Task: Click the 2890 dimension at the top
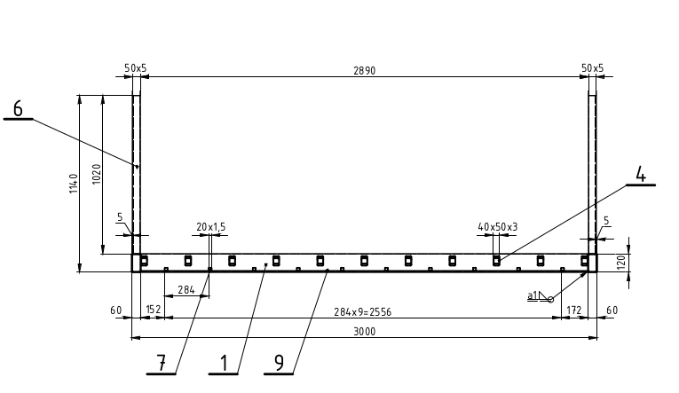tap(364, 71)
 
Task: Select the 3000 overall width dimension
tap(365, 332)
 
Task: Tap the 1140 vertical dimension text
tap(74, 184)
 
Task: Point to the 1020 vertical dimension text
tap(97, 174)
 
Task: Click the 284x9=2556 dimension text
tap(362, 312)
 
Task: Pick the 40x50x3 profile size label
tap(498, 227)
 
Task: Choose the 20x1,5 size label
tap(211, 227)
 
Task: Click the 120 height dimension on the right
tap(620, 262)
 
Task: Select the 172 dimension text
tap(573, 310)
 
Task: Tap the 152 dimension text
tap(154, 310)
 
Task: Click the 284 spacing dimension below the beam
tap(186, 290)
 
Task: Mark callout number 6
tap(18, 108)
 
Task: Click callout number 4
tap(641, 175)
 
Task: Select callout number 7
tap(161, 363)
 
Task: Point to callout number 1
tap(224, 363)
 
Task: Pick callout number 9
tap(280, 363)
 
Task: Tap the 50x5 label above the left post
tap(136, 68)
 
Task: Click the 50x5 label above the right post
tap(592, 68)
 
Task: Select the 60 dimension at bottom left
tap(115, 310)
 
